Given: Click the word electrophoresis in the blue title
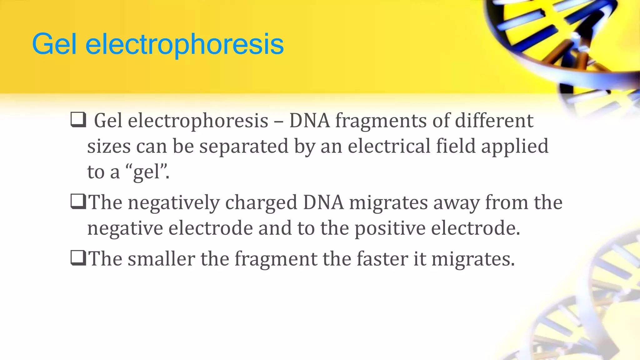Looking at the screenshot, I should point(184,45).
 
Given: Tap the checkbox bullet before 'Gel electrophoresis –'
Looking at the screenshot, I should point(78,120).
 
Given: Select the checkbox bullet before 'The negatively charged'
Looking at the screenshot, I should point(78,202).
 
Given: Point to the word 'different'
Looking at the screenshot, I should point(494,121).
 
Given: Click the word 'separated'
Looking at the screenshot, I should point(244,146).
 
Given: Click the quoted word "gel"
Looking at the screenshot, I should point(147,172).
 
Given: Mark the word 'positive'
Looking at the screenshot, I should point(390,228).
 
